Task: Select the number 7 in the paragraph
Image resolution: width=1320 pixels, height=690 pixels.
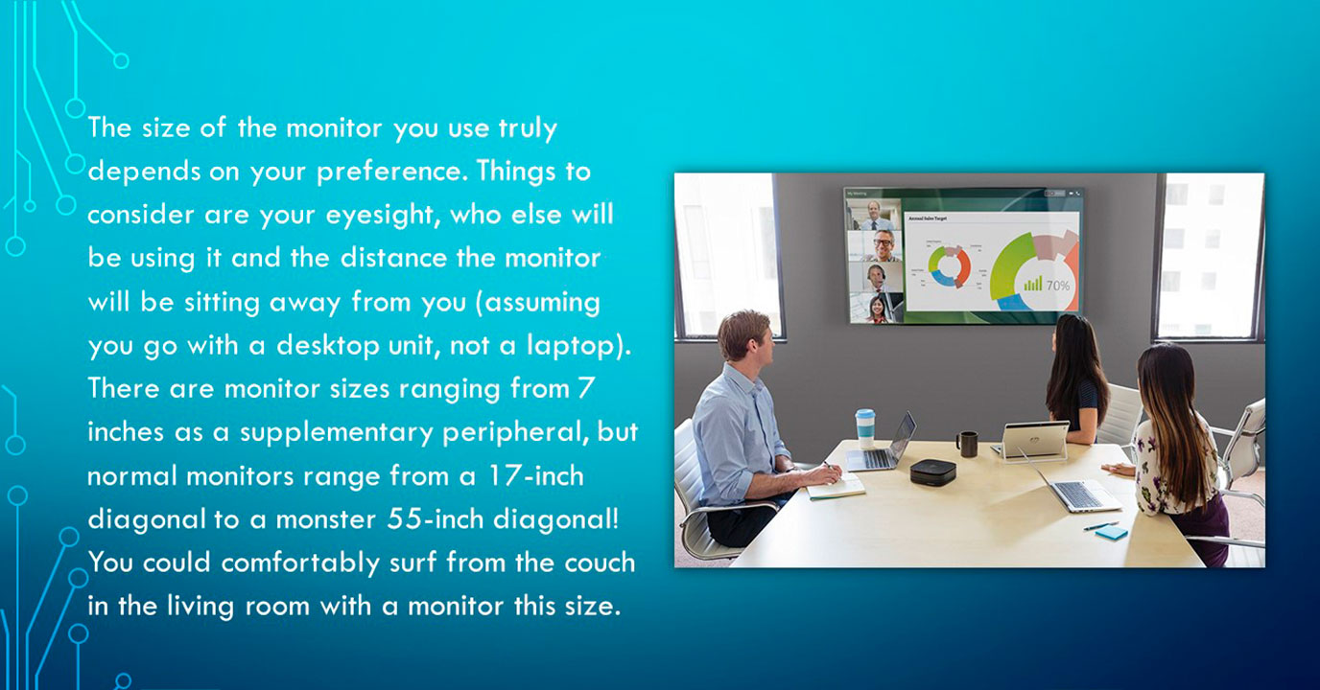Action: pyautogui.click(x=586, y=388)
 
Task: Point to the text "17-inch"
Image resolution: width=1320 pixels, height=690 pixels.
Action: pyautogui.click(x=536, y=475)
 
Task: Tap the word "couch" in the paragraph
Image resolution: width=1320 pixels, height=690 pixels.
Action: pyautogui.click(x=600, y=563)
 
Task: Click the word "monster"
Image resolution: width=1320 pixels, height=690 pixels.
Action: pyautogui.click(x=326, y=519)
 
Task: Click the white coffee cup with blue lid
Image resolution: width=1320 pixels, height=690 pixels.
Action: pyautogui.click(x=865, y=428)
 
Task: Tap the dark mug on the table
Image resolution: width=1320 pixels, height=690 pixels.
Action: pyautogui.click(x=966, y=444)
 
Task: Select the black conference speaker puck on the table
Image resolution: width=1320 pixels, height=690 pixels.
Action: pyautogui.click(x=932, y=472)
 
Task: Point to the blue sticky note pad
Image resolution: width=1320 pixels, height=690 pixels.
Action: pyautogui.click(x=1112, y=534)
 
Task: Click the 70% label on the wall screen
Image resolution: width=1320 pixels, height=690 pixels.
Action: pyautogui.click(x=1058, y=287)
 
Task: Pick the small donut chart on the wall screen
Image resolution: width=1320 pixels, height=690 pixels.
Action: pyautogui.click(x=949, y=266)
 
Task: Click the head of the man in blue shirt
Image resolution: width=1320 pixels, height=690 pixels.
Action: pyautogui.click(x=745, y=338)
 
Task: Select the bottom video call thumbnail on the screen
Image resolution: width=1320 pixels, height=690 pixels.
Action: pyautogui.click(x=876, y=309)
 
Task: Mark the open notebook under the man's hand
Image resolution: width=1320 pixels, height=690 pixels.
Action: pyautogui.click(x=835, y=488)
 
